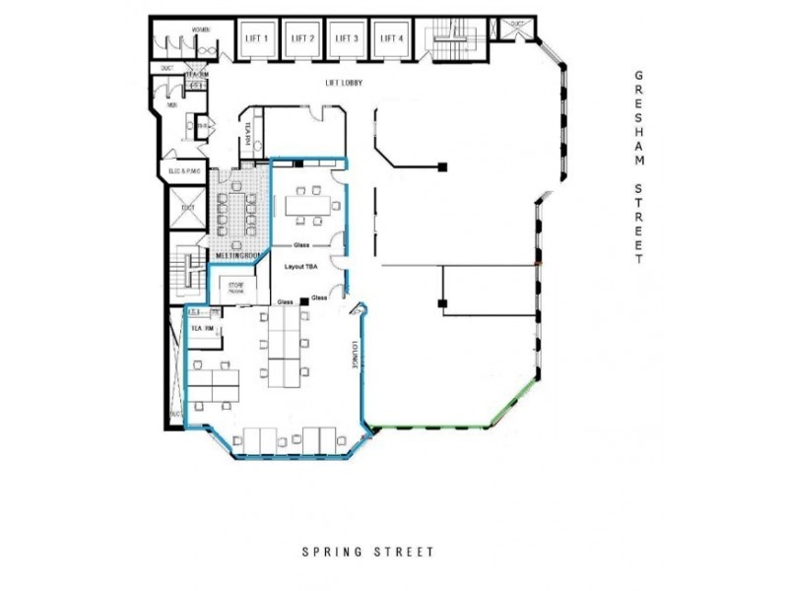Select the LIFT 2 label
(x=301, y=38)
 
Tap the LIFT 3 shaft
(x=347, y=39)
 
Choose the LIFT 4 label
(x=392, y=38)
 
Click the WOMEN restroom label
(x=202, y=32)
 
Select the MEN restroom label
(x=171, y=104)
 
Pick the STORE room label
(x=236, y=288)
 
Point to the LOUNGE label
(x=352, y=356)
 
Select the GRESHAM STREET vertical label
(x=639, y=167)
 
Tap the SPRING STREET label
(x=367, y=553)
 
